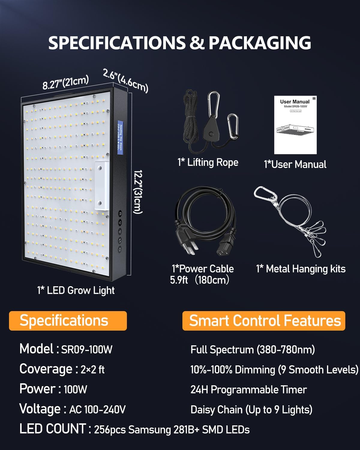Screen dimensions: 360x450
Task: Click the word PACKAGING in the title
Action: [260, 43]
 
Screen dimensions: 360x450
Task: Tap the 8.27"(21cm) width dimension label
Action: [65, 82]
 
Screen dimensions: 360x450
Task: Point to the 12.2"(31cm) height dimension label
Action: [138, 192]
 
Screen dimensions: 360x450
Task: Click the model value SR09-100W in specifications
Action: [87, 349]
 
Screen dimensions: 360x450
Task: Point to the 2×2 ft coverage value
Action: [92, 370]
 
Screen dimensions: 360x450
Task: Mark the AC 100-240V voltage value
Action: [97, 409]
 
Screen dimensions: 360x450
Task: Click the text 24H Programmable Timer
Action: [248, 390]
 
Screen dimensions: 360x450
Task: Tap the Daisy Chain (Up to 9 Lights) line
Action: [251, 409]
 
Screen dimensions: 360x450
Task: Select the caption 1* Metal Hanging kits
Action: [301, 269]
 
